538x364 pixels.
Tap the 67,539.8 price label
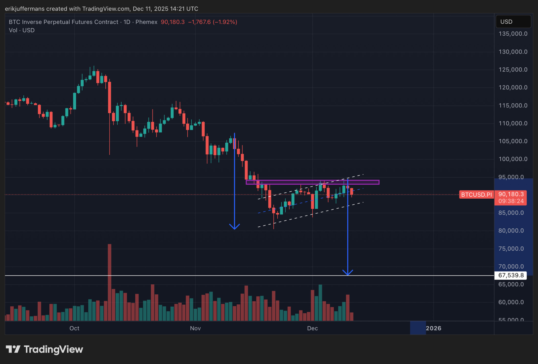coord(511,275)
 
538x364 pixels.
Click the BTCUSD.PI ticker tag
coord(476,195)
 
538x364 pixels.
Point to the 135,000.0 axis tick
coord(513,34)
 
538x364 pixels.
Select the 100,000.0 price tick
coord(513,159)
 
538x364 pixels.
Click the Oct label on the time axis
coord(74,328)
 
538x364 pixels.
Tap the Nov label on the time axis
coord(195,328)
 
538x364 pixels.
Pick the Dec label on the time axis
coord(312,328)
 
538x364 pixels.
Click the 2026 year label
coord(433,328)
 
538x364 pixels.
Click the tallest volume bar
coord(110,281)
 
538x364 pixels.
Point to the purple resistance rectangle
coord(312,182)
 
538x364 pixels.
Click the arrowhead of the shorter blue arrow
coord(234,227)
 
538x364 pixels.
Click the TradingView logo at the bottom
coord(45,349)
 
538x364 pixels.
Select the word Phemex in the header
coord(146,22)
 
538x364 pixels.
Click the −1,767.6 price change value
coord(199,22)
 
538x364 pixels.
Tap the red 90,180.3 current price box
coord(511,197)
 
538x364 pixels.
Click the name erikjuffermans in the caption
coord(25,9)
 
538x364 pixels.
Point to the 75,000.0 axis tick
coord(511,249)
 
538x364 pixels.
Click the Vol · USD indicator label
coord(22,30)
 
